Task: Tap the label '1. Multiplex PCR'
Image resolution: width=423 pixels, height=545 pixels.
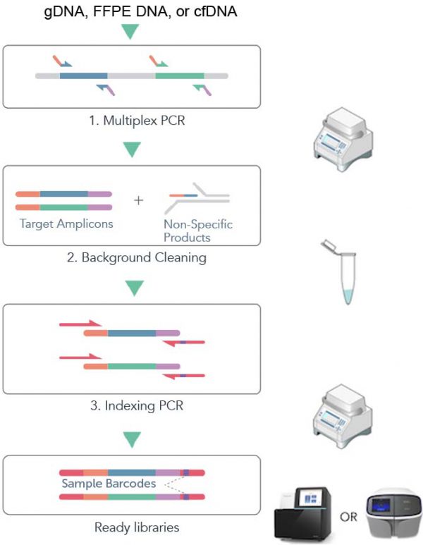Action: [x=132, y=121]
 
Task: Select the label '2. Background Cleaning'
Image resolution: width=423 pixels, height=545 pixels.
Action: [x=132, y=258]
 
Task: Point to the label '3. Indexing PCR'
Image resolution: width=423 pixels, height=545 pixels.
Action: [x=132, y=406]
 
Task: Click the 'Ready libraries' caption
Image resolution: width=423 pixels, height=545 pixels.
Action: [x=132, y=526]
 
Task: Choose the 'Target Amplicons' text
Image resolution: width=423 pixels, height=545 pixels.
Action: [x=63, y=224]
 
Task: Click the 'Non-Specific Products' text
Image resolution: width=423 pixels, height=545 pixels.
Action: [x=197, y=231]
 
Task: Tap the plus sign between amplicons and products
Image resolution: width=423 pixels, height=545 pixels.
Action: [x=138, y=200]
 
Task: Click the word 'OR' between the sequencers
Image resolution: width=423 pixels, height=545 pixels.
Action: [x=348, y=517]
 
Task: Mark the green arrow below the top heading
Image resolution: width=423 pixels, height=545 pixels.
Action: [x=132, y=32]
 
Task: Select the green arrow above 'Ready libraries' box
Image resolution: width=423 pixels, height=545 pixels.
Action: [x=132, y=440]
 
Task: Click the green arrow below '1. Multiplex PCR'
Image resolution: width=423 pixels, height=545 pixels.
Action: [x=132, y=149]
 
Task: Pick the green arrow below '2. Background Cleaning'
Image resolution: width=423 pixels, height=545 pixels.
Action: [x=132, y=288]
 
